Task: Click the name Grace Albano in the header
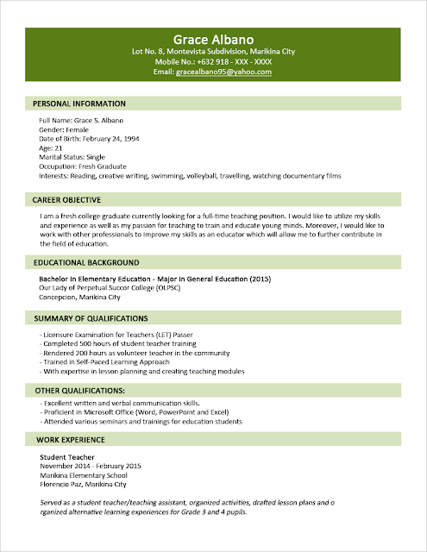coord(213,40)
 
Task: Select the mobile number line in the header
coord(213,62)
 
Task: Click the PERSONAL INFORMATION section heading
coord(79,103)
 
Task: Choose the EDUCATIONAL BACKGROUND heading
coord(85,262)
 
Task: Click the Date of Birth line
coord(89,139)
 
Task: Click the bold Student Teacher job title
coord(67,456)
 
